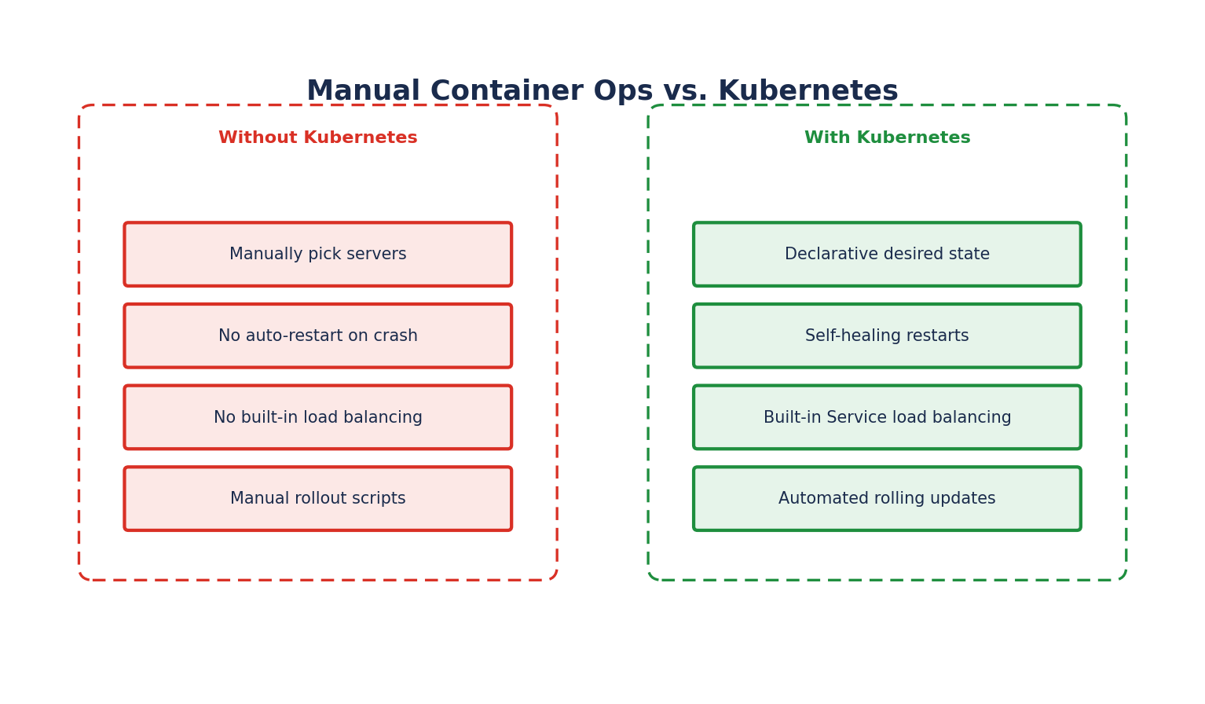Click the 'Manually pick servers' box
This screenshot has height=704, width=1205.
317,254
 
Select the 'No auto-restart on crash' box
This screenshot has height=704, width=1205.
317,335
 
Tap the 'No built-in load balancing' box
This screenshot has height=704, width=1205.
317,417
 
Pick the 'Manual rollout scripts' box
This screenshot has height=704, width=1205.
317,498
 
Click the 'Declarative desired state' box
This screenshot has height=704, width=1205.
887,254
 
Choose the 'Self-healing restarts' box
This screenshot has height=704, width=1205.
887,335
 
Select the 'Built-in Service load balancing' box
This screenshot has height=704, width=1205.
887,417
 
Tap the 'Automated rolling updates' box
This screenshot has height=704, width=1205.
887,498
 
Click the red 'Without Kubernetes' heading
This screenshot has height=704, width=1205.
318,137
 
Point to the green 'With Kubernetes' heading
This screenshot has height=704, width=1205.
888,137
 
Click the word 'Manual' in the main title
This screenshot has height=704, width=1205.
364,90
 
